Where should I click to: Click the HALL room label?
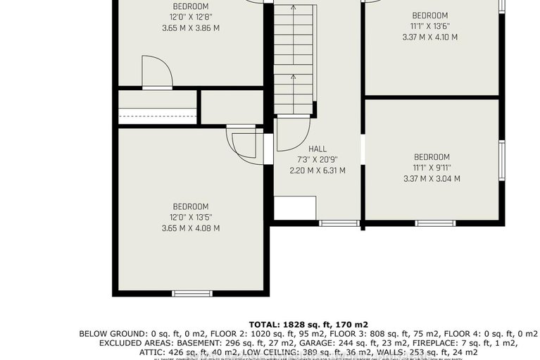(x=317, y=149)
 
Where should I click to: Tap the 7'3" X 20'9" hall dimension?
(x=317, y=160)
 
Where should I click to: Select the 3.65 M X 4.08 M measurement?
(x=190, y=228)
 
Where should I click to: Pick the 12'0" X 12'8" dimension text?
(x=190, y=17)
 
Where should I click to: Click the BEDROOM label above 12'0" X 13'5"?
(x=190, y=206)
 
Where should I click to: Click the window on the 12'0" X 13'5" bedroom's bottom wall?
(x=192, y=293)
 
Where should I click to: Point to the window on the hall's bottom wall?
(x=329, y=223)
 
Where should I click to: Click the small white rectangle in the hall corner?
(x=294, y=209)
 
